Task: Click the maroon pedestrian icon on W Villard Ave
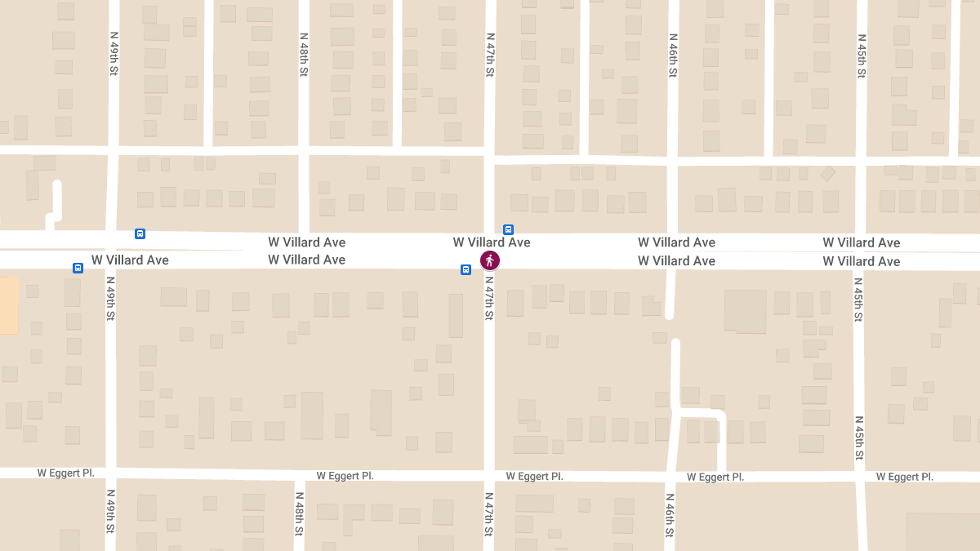(x=489, y=260)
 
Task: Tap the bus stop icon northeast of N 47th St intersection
(x=508, y=230)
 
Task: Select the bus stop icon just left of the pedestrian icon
(x=465, y=269)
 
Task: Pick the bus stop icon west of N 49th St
(x=78, y=268)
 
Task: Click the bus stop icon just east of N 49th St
(x=140, y=233)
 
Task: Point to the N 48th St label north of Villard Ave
(x=303, y=55)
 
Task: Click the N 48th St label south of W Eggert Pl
(x=300, y=513)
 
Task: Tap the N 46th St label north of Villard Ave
(x=673, y=55)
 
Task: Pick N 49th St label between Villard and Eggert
(x=111, y=298)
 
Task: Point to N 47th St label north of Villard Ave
(x=490, y=55)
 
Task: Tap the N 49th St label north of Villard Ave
(x=114, y=55)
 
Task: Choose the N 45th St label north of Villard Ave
(x=862, y=55)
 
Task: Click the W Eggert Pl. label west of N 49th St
(x=66, y=473)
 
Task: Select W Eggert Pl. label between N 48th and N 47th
(x=345, y=475)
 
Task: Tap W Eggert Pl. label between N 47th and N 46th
(x=534, y=476)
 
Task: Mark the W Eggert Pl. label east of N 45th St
(x=905, y=477)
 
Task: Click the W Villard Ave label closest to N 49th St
(x=130, y=260)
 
